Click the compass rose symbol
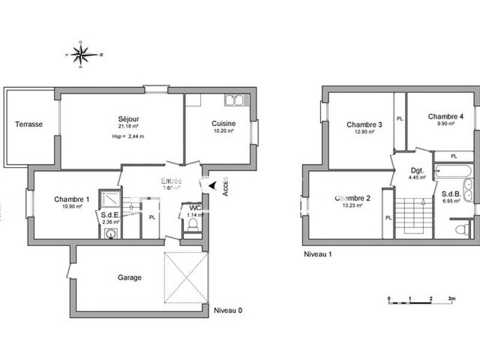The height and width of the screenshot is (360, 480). (83, 55)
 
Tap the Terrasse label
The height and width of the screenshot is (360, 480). (29, 125)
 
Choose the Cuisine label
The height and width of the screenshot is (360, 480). (223, 124)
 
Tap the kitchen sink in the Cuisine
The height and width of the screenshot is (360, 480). (234, 100)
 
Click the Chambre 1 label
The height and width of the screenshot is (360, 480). (71, 199)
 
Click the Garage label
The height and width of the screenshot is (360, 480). (130, 278)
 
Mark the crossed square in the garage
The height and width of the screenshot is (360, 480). (186, 278)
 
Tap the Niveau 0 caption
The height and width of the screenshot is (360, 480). (229, 311)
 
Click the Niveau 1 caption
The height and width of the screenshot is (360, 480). (318, 254)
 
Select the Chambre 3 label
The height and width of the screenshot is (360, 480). (364, 125)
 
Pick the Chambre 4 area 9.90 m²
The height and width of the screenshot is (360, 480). (445, 124)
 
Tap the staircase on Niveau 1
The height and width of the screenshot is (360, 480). (414, 216)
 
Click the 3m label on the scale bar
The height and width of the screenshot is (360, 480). (452, 298)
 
